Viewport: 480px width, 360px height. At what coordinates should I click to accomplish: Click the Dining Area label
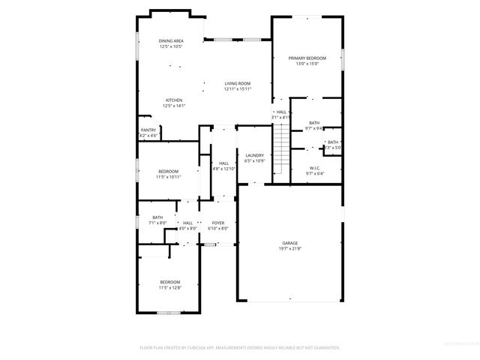tap(171, 40)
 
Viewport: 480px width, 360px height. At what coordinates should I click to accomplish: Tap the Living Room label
tap(237, 83)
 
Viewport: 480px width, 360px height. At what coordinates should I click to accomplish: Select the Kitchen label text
tap(174, 100)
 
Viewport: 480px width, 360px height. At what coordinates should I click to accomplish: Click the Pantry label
tap(148, 130)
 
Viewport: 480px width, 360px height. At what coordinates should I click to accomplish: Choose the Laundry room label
tap(255, 155)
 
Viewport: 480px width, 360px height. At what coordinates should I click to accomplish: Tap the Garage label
tap(290, 243)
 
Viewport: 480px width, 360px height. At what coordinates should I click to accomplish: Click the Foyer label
tap(218, 223)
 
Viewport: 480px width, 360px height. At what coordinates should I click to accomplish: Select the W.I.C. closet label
tap(315, 168)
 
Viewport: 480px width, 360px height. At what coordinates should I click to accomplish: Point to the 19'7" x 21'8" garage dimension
tap(290, 248)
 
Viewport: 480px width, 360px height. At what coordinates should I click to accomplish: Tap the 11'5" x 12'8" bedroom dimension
tap(169, 287)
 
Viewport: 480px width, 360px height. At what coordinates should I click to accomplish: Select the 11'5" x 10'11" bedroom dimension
tap(169, 177)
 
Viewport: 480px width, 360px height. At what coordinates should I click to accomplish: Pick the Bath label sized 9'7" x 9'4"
tap(314, 123)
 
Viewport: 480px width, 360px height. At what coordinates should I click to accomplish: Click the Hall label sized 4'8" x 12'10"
tap(223, 163)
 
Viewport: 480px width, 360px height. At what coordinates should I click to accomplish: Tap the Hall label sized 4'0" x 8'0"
tap(187, 223)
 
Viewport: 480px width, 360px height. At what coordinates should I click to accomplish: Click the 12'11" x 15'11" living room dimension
tap(237, 89)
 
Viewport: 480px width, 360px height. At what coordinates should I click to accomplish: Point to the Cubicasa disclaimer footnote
tap(240, 347)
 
